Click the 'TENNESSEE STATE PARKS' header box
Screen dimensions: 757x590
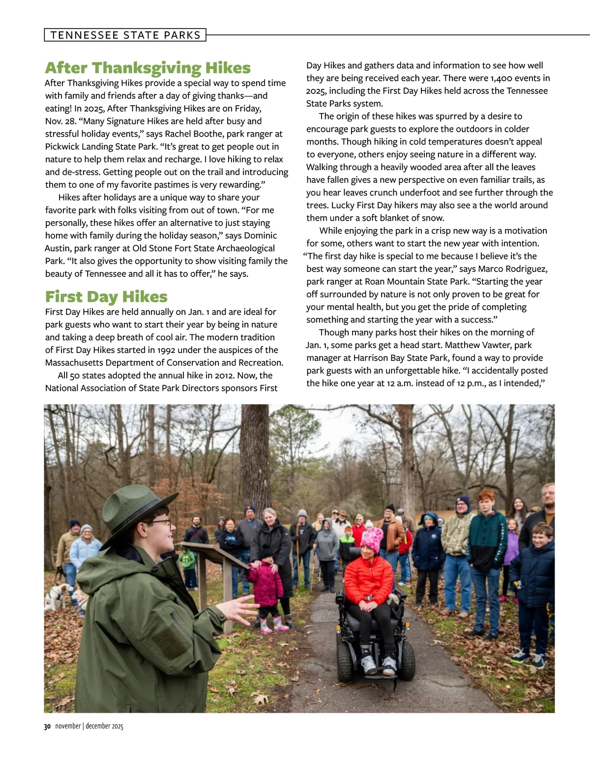click(x=125, y=35)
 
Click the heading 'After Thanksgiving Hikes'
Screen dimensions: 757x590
click(x=147, y=68)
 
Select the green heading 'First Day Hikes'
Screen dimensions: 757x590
click(x=106, y=297)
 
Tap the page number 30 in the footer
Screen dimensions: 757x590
click(x=47, y=727)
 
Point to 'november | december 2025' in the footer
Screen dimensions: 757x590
click(x=89, y=727)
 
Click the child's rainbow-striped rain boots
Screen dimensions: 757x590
click(x=273, y=624)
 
